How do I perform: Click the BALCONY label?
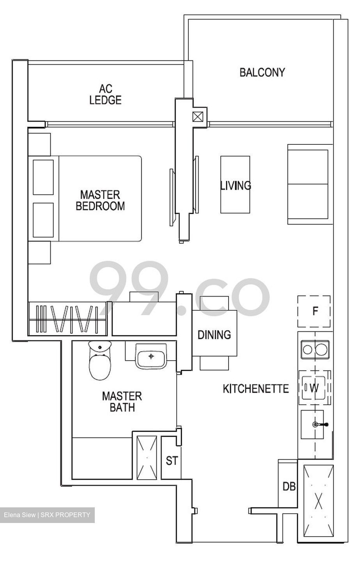click(x=262, y=73)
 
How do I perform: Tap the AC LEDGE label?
click(x=105, y=94)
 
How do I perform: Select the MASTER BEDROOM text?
click(x=100, y=200)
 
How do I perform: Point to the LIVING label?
click(x=236, y=185)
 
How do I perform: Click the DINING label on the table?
click(x=214, y=335)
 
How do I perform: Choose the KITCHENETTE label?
click(x=256, y=389)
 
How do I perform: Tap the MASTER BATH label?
click(x=122, y=402)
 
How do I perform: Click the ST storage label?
click(x=172, y=461)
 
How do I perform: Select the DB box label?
click(x=289, y=486)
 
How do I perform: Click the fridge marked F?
click(x=314, y=311)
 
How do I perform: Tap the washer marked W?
click(x=314, y=388)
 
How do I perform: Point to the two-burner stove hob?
click(x=315, y=349)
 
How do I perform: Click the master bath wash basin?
click(x=151, y=356)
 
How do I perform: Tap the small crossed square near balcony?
click(x=198, y=116)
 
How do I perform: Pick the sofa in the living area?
click(x=308, y=184)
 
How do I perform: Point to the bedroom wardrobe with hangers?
click(x=67, y=319)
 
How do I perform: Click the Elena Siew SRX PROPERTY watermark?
click(x=47, y=515)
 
